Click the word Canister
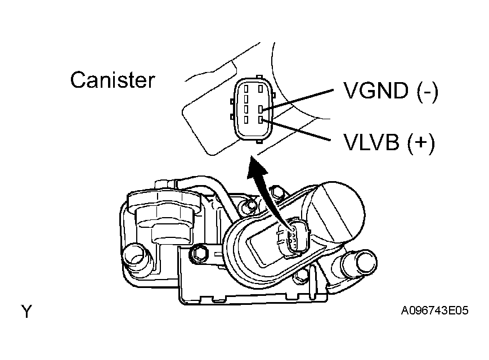tap(112, 80)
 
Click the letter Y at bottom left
tap(26, 310)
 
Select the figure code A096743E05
tap(435, 310)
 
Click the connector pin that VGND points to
tap(261, 109)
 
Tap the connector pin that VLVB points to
tap(261, 119)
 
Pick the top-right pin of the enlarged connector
tap(261, 88)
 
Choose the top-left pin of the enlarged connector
tap(246, 88)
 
